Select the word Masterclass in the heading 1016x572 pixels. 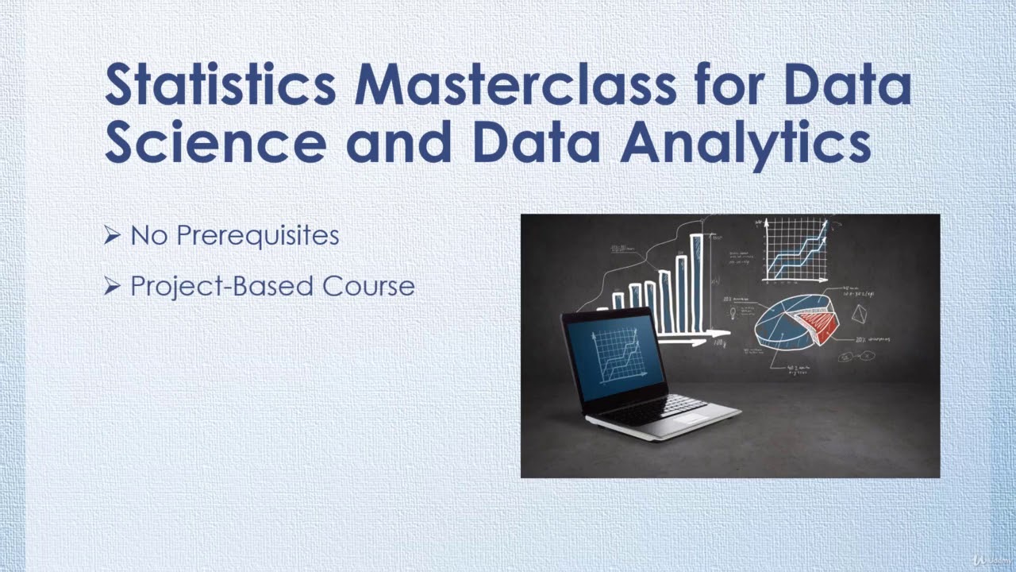[x=515, y=86]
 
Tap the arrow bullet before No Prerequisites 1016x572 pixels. [x=112, y=235]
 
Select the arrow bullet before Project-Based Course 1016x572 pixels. [x=112, y=286]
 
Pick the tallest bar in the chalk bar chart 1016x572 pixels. [x=697, y=282]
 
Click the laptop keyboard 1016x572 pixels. [x=651, y=406]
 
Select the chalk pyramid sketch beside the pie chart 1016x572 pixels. [x=859, y=315]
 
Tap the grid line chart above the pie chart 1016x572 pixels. [x=795, y=249]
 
